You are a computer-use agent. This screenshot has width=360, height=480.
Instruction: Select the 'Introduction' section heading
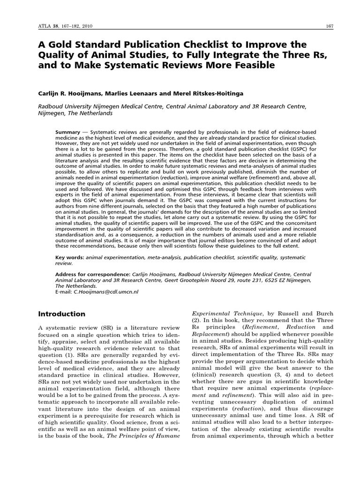pyautogui.click(x=61, y=314)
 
